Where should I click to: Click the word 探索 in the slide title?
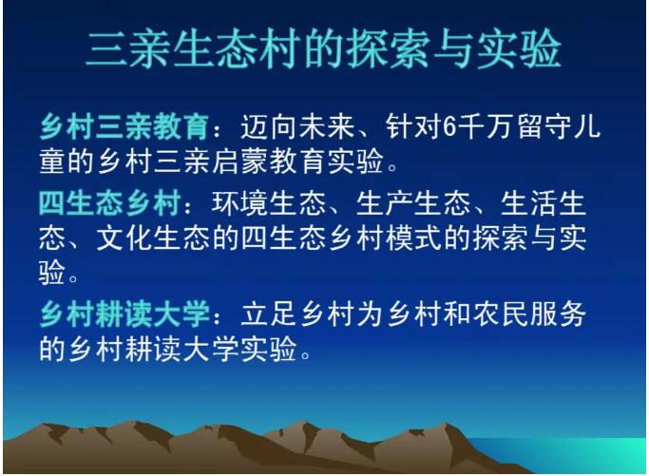tap(388, 48)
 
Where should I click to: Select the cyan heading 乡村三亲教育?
tap(124, 126)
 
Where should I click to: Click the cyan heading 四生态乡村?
tap(109, 203)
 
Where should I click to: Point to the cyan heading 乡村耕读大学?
tap(124, 314)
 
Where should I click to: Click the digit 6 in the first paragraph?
tap(449, 126)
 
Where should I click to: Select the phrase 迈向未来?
tap(297, 126)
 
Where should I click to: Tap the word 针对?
tap(412, 126)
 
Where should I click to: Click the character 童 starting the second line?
tap(52, 161)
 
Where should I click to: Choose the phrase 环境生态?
tap(269, 203)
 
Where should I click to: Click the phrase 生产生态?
tap(413, 203)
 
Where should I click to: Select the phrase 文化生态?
tap(153, 238)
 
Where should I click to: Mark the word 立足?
tap(268, 314)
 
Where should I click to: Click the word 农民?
tap(500, 314)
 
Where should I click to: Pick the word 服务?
tap(558, 314)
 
